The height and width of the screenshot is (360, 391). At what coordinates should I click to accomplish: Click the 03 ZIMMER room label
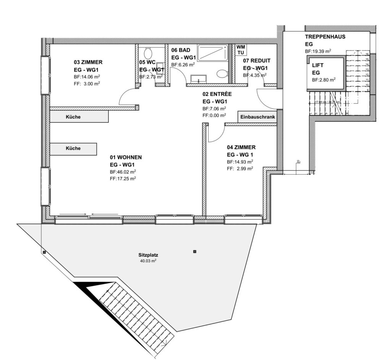point(88,62)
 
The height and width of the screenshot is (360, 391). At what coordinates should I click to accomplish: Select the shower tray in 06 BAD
point(212,53)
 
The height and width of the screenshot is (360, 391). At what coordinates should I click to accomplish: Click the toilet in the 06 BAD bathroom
point(221,73)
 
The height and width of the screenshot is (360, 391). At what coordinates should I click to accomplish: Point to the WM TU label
point(241,49)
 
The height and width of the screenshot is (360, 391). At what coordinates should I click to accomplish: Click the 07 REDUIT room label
point(257,60)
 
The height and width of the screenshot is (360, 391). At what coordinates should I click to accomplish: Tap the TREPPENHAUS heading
point(325,37)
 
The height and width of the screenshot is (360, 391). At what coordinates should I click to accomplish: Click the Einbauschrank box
point(258,117)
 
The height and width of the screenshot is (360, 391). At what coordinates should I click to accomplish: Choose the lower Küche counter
point(73,149)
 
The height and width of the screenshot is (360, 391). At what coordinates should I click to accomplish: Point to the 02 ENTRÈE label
point(218,94)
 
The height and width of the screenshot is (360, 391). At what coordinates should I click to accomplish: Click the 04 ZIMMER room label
point(241,147)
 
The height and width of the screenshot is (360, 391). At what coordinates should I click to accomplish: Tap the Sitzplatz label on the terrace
point(148,255)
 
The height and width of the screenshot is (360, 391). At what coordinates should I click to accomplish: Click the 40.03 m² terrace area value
point(148,261)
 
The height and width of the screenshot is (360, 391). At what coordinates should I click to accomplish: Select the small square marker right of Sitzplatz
point(195,251)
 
